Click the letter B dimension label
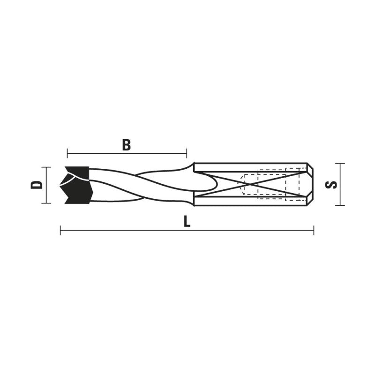(x=127, y=145)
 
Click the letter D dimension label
(x=37, y=185)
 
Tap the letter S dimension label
(x=331, y=185)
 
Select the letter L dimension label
(x=187, y=222)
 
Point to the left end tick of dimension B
(x=67, y=153)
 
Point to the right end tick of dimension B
(x=187, y=153)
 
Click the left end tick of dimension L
(x=60, y=230)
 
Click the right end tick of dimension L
(x=314, y=230)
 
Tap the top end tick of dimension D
(x=46, y=167)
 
